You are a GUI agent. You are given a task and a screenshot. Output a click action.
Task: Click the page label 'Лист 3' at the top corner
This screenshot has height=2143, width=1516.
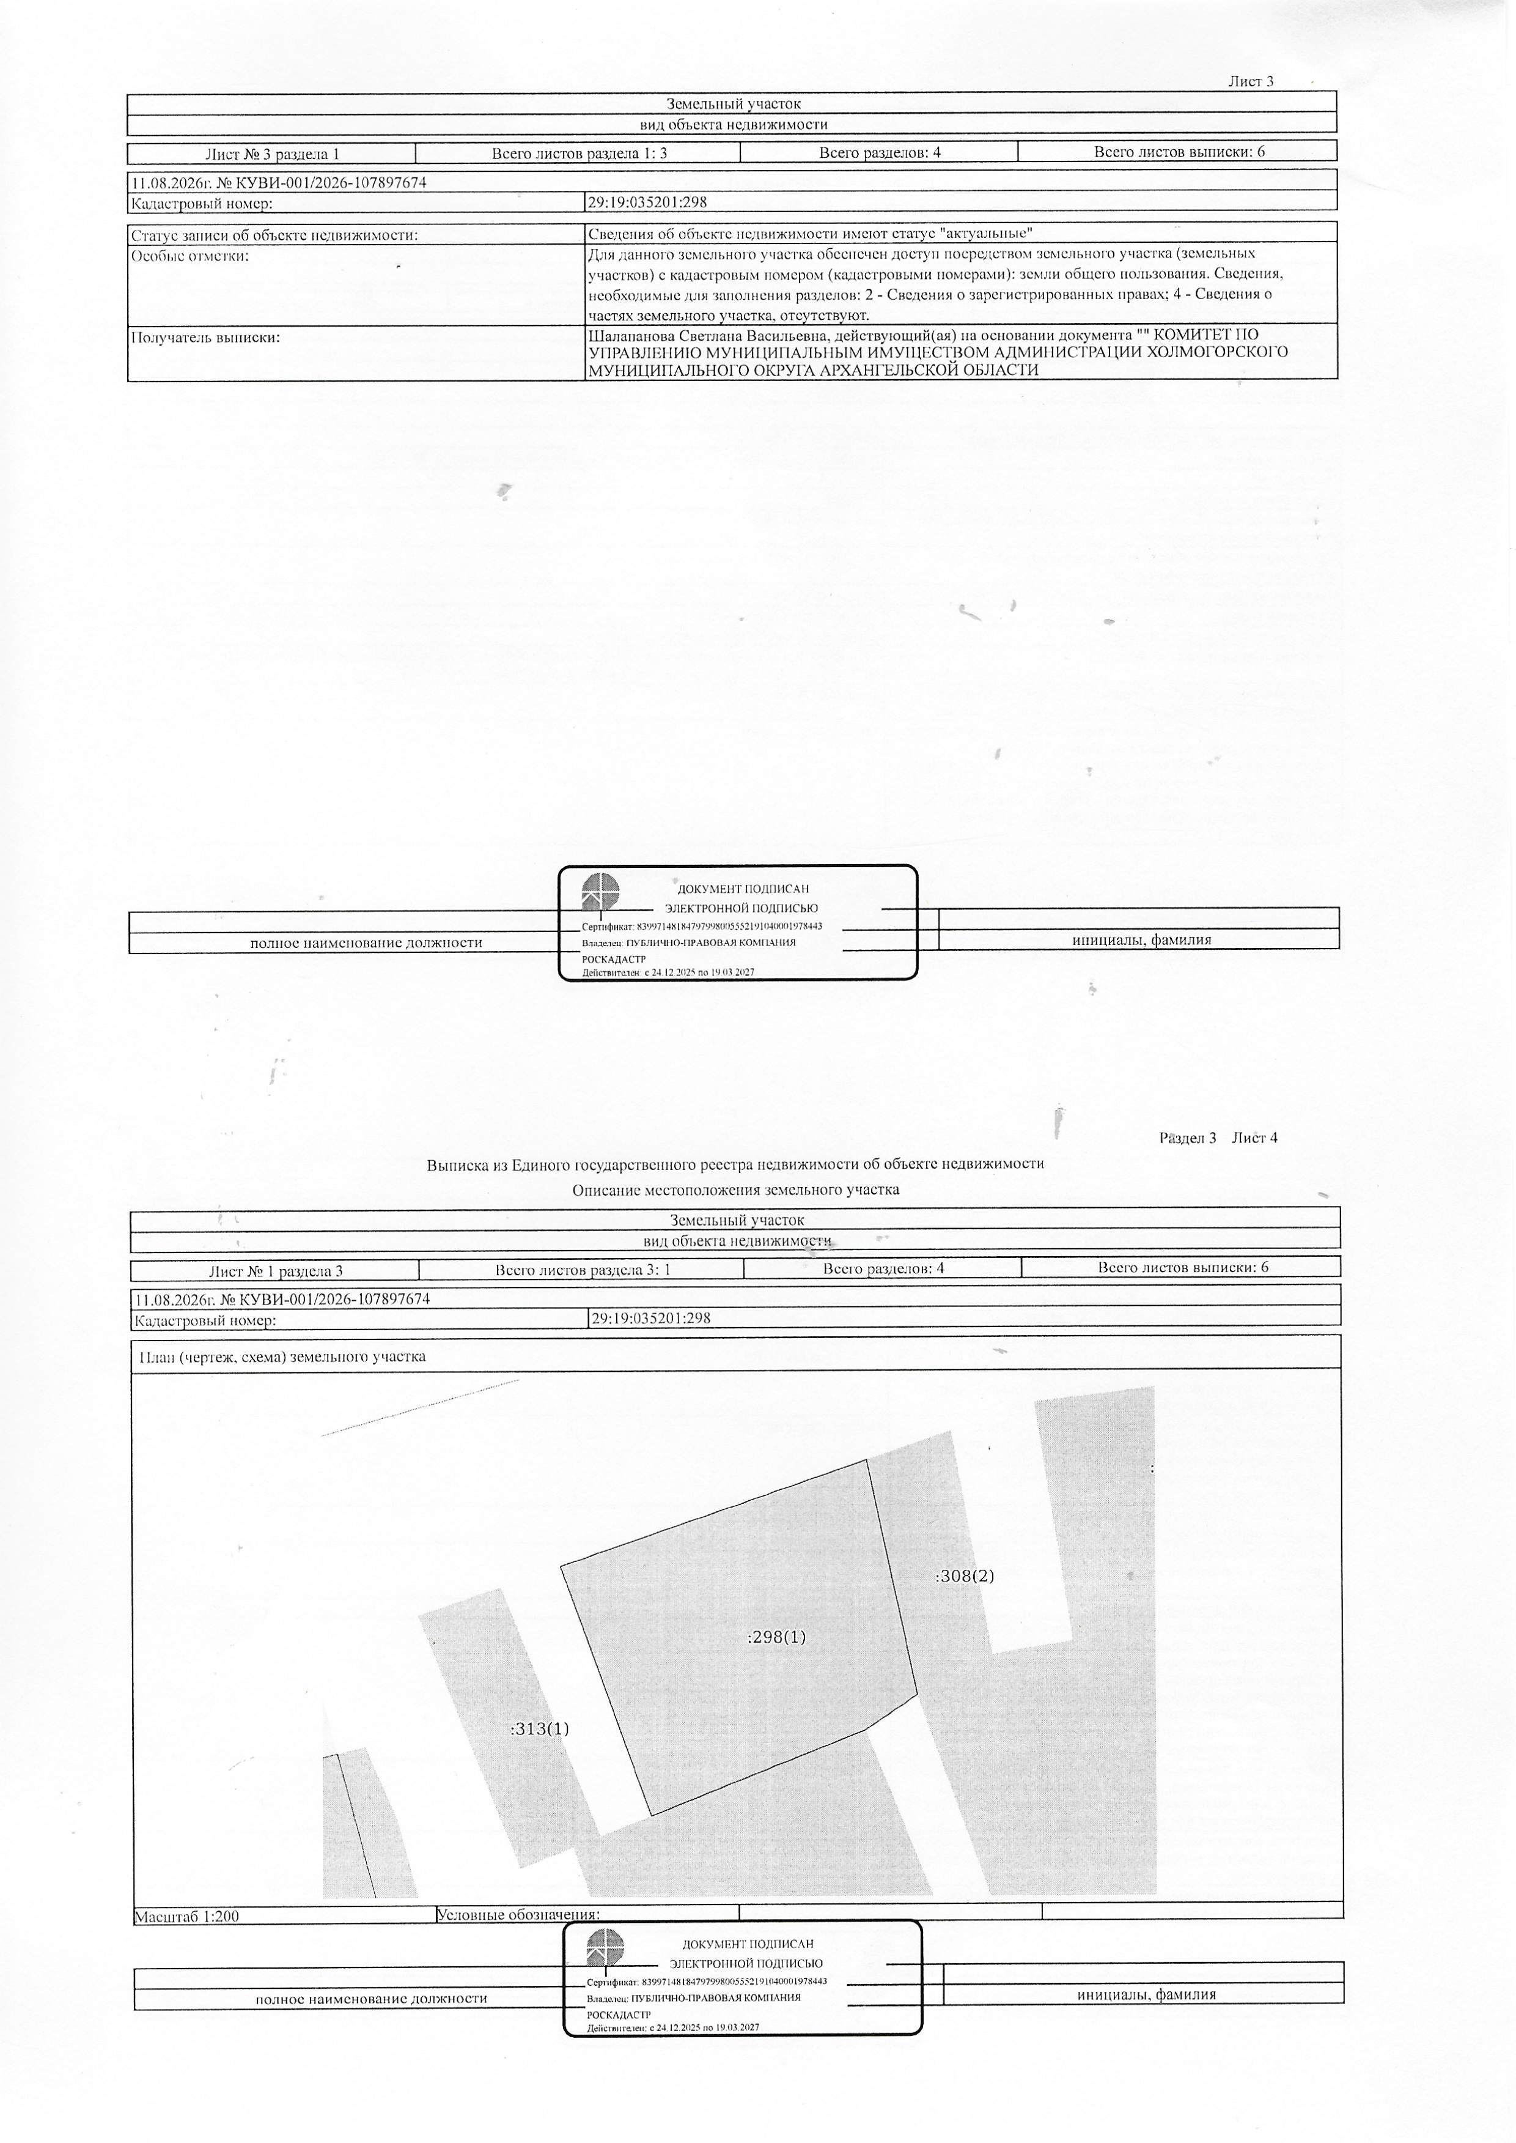point(1251,81)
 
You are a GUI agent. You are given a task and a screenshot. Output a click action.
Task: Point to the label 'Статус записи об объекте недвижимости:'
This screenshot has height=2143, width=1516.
point(274,235)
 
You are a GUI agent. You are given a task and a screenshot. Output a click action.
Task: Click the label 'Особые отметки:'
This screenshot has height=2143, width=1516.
point(189,256)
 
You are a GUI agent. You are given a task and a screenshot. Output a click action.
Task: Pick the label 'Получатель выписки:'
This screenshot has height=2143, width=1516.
point(205,337)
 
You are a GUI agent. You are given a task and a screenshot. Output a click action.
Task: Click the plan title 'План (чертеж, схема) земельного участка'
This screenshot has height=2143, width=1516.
point(282,1356)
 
